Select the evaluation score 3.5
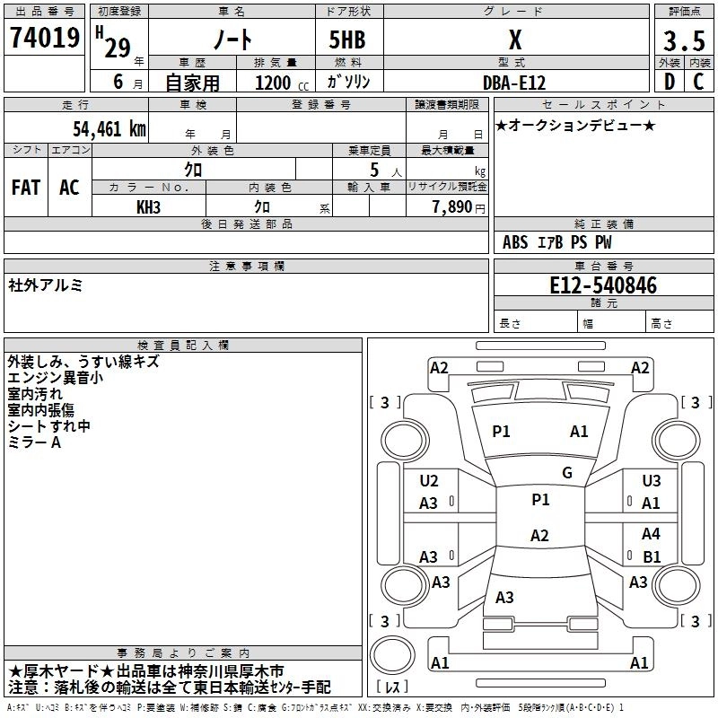683,41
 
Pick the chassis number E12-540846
603,286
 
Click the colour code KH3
149,206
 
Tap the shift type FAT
26,187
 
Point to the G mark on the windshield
567,473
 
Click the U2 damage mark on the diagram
429,481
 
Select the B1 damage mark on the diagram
651,556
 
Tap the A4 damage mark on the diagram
651,533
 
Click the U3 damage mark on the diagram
651,481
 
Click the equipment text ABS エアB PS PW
558,242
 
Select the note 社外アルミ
46,285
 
